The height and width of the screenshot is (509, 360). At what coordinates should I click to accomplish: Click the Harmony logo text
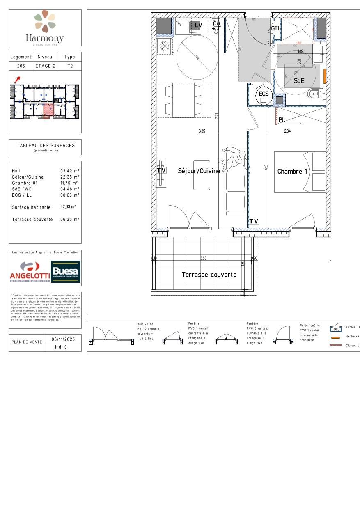tap(45, 39)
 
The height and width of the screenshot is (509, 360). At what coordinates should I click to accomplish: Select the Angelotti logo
tap(29, 272)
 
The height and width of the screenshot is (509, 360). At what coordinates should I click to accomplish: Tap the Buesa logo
tap(66, 272)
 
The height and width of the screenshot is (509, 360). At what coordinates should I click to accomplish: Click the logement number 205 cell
tap(21, 66)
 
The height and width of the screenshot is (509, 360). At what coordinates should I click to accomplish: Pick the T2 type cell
tap(70, 66)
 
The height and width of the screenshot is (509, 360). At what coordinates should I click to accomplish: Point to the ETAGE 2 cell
tap(45, 66)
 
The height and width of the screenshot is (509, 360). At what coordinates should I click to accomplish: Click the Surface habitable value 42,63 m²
tap(68, 207)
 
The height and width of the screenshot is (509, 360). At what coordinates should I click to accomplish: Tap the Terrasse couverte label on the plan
tap(209, 275)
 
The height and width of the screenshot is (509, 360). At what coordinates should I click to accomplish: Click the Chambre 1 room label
tap(292, 172)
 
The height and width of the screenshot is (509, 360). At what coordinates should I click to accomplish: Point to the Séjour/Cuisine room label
tap(199, 171)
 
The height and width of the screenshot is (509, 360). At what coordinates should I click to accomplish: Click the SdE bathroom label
tap(299, 81)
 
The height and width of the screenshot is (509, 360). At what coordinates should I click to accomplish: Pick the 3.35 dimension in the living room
tap(202, 131)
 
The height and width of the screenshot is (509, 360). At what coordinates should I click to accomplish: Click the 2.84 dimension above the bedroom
tap(287, 131)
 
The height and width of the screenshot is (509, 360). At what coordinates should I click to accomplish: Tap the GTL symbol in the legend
tap(336, 329)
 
